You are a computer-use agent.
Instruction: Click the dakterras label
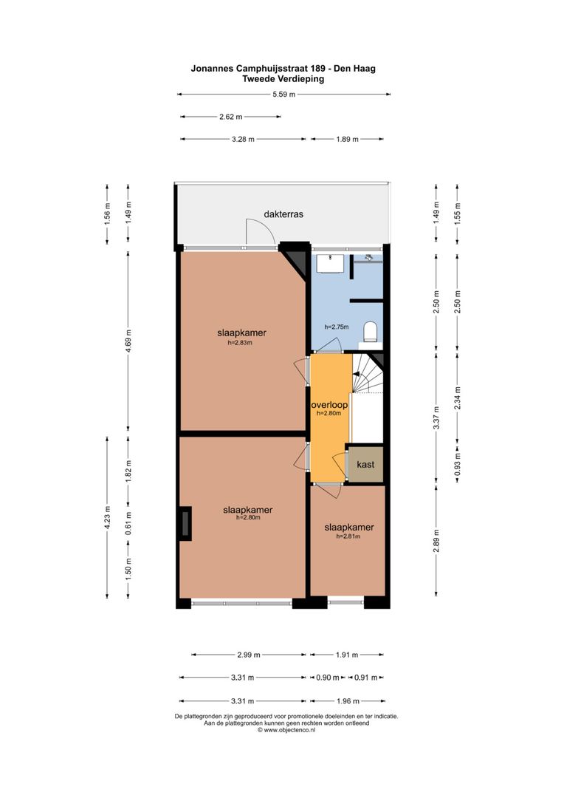tap(283, 214)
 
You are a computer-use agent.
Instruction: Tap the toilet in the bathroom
tap(371, 332)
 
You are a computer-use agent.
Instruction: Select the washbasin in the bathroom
tap(330, 264)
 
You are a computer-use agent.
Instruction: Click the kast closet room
tap(365, 464)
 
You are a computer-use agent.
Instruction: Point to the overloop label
tap(329, 405)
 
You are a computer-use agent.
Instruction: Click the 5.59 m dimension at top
tap(283, 94)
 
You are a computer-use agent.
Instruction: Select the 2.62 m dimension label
tap(231, 117)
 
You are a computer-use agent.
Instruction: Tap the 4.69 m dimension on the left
tap(128, 341)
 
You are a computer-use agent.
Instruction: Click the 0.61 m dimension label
tap(128, 522)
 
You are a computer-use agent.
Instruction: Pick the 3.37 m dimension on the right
tap(436, 417)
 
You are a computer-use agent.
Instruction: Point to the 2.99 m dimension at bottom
tap(249, 655)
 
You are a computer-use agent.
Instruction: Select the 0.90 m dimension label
tap(328, 678)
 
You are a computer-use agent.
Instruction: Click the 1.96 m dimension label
tap(348, 700)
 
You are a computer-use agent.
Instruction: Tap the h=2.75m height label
tap(337, 327)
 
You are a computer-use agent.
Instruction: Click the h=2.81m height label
tap(348, 536)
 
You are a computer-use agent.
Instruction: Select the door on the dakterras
tap(260, 233)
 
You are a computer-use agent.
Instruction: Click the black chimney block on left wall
tap(185, 524)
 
